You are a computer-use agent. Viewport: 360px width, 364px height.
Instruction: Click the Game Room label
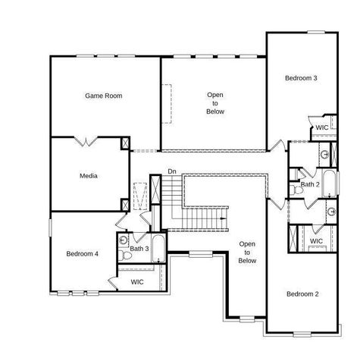[103, 96]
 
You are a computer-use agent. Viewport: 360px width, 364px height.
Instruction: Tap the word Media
[89, 176]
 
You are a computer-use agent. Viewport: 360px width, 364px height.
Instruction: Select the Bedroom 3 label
[301, 78]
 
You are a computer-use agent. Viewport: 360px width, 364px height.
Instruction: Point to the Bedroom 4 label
[82, 253]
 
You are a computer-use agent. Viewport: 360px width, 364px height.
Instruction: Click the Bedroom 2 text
[301, 293]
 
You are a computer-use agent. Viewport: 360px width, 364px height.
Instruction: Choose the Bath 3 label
[139, 249]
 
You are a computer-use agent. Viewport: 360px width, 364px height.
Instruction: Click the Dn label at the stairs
[172, 171]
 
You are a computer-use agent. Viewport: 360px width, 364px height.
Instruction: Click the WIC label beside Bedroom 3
[322, 127]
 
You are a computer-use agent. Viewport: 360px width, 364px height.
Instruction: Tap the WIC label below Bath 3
[137, 281]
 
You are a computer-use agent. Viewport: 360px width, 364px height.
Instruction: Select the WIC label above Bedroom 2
[316, 241]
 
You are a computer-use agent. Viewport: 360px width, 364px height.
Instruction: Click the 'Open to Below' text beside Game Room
[214, 103]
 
